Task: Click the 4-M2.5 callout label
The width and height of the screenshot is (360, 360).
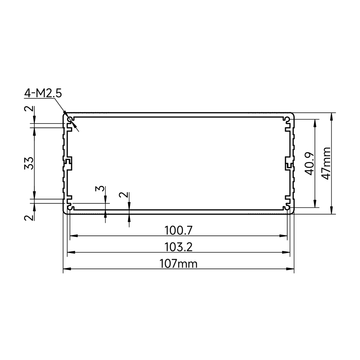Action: click(43, 94)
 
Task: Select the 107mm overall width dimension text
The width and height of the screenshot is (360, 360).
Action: click(179, 264)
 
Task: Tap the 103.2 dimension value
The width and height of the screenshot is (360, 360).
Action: click(179, 247)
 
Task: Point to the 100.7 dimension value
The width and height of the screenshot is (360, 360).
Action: click(179, 230)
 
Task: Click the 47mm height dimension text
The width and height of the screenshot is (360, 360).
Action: click(326, 163)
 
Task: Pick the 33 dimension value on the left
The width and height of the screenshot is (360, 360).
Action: click(29, 163)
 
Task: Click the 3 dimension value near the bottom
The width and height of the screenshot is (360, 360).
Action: click(100, 189)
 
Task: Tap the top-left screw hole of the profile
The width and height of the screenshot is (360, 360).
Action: click(70, 120)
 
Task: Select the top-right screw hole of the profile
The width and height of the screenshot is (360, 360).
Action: click(287, 119)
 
